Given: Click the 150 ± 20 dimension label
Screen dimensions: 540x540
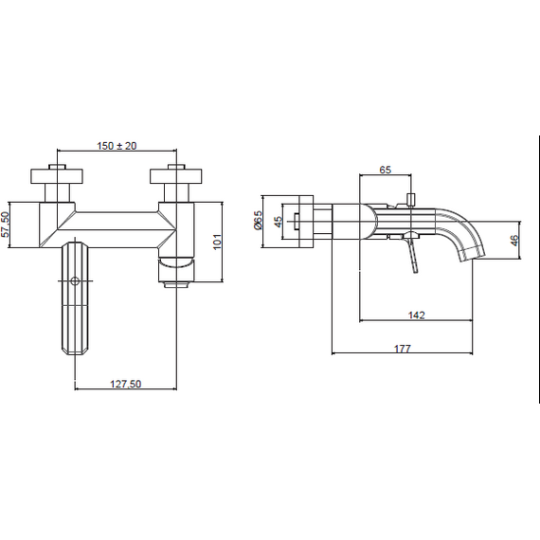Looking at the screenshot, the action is [x=117, y=146].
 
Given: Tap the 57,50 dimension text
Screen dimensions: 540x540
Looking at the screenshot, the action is [x=5, y=225].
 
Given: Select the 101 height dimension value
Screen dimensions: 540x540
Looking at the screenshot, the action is [x=217, y=242].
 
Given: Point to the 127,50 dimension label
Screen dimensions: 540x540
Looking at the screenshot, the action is [x=125, y=384].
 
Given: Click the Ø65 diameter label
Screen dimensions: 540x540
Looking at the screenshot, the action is [x=258, y=220].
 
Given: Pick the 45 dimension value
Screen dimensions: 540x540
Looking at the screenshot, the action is [x=278, y=222].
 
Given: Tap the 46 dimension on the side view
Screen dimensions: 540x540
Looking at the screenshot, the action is [x=513, y=241].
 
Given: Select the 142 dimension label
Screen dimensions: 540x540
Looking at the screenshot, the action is [x=416, y=315].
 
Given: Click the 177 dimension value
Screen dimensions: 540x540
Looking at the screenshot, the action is [x=403, y=349].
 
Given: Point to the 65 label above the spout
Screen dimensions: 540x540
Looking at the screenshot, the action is [x=386, y=170].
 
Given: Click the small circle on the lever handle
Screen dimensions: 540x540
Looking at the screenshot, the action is [x=75, y=281].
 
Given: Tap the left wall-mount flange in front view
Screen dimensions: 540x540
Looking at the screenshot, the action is [x=57, y=176].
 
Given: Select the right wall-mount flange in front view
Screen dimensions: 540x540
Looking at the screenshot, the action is [x=176, y=176].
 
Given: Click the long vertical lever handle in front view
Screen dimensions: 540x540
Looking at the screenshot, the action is [x=75, y=297].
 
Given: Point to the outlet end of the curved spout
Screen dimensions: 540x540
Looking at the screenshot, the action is [x=473, y=256].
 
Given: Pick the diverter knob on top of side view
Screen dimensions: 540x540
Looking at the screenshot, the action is [x=411, y=200].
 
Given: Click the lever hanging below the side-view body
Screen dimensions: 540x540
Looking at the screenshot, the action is [x=412, y=254].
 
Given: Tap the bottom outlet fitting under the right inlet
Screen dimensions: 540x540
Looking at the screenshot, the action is [x=176, y=285].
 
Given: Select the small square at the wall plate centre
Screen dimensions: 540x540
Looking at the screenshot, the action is [x=297, y=222].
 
